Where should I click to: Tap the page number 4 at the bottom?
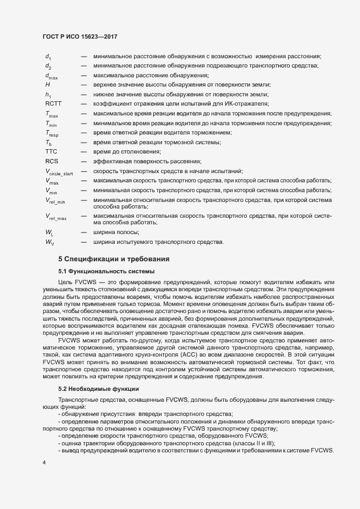click(44, 463)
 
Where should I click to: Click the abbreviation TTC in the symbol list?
click(52, 151)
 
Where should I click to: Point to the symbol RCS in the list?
click(52, 161)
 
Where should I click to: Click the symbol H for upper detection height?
click(48, 85)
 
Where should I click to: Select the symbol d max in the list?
click(52, 76)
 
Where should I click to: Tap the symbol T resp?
click(52, 133)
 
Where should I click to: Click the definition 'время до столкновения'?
click(127, 151)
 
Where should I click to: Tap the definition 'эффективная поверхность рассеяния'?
click(147, 161)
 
